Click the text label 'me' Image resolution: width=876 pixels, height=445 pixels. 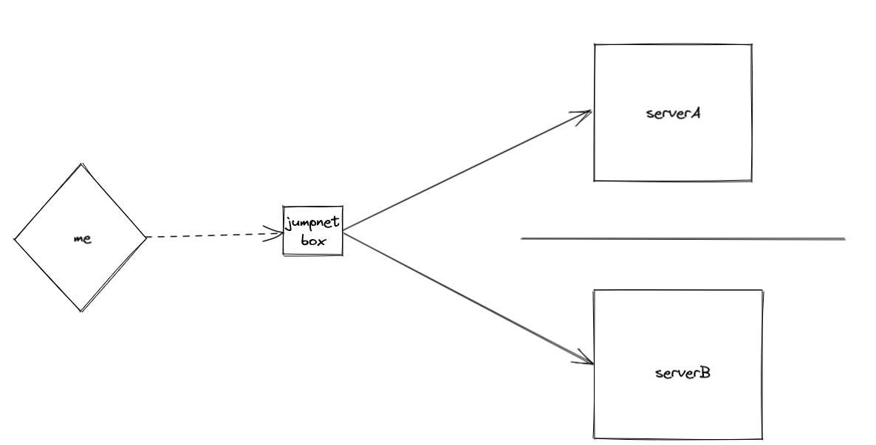(x=83, y=239)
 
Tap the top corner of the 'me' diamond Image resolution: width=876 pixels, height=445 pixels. (x=81, y=164)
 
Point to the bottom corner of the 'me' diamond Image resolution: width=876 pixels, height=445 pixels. (x=81, y=311)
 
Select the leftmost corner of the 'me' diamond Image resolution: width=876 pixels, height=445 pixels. (x=15, y=238)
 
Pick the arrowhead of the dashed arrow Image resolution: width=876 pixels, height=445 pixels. (x=280, y=234)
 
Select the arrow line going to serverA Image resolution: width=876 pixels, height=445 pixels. (x=465, y=172)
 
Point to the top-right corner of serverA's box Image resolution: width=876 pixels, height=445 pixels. (x=751, y=45)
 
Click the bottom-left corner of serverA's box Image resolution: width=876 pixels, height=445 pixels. (x=595, y=180)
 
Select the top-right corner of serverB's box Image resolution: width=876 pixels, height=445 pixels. (x=761, y=291)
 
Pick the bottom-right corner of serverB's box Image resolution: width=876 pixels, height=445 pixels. (x=761, y=439)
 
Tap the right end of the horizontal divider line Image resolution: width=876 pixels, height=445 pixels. (x=844, y=239)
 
